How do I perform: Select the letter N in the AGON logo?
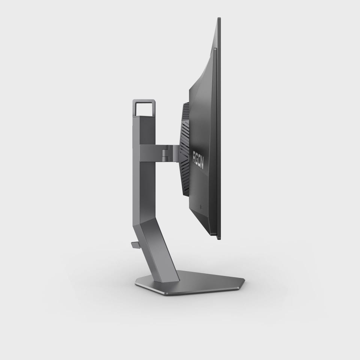point(202,165)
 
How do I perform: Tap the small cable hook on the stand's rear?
point(135,244)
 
